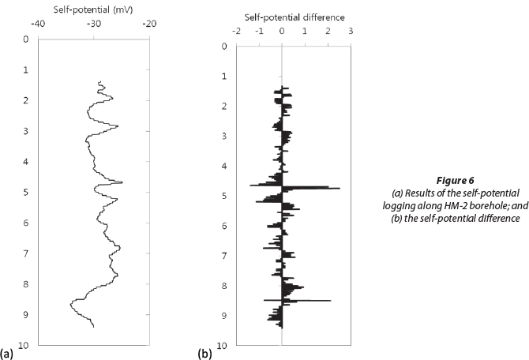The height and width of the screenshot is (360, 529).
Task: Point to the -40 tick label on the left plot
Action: [38, 24]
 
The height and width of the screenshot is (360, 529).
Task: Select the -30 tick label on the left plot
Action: [93, 24]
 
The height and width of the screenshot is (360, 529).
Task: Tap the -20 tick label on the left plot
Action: [149, 24]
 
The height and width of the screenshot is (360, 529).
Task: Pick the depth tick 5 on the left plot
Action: [25, 192]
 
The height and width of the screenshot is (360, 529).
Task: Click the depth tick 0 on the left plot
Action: [25, 39]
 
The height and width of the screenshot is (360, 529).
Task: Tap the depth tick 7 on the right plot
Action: [224, 256]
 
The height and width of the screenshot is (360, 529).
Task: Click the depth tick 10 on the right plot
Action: [223, 346]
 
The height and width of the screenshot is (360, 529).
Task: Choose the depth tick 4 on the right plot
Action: [224, 166]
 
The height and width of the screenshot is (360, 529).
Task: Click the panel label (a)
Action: [7, 354]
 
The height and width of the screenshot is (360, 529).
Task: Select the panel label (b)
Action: [204, 354]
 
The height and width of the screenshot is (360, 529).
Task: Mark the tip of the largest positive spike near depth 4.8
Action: [340, 188]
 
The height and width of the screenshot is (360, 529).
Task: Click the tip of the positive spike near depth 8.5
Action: [330, 300]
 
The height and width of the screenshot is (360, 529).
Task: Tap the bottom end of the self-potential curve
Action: [94, 327]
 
